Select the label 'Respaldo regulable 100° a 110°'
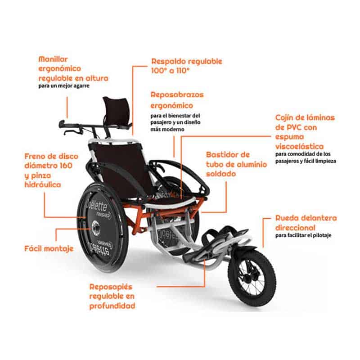click(x=186, y=66)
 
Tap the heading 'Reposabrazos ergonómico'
click(x=177, y=100)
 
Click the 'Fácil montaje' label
click(x=49, y=248)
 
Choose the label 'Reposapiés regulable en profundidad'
click(x=112, y=296)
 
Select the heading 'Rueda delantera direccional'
click(x=306, y=223)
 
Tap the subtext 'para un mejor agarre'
click(x=63, y=85)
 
